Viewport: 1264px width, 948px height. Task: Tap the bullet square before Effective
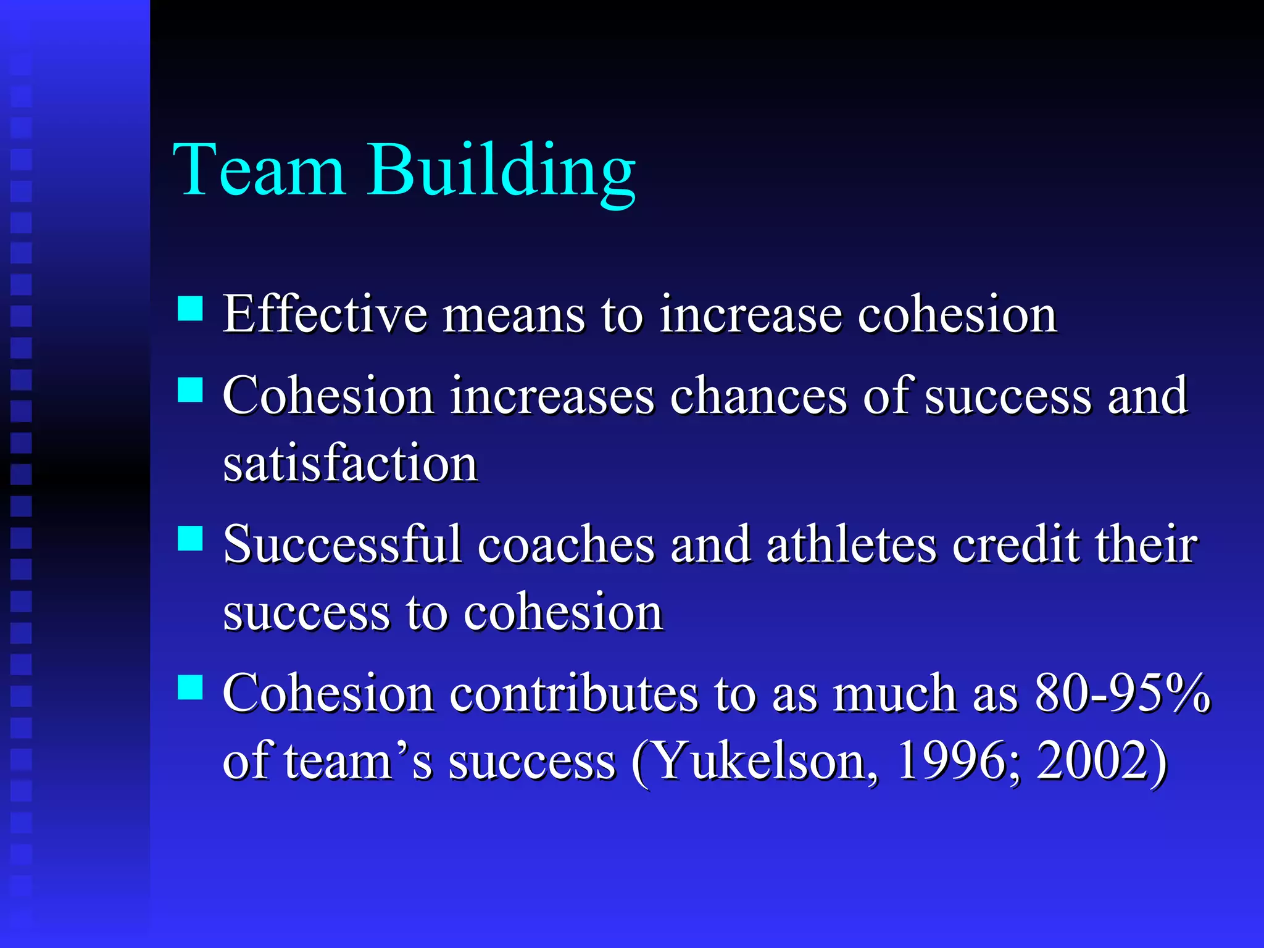190,309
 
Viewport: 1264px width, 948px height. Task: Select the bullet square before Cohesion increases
190,389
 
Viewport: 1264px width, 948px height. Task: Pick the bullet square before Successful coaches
190,538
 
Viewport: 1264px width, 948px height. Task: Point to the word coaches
566,545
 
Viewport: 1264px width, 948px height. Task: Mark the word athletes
851,545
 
